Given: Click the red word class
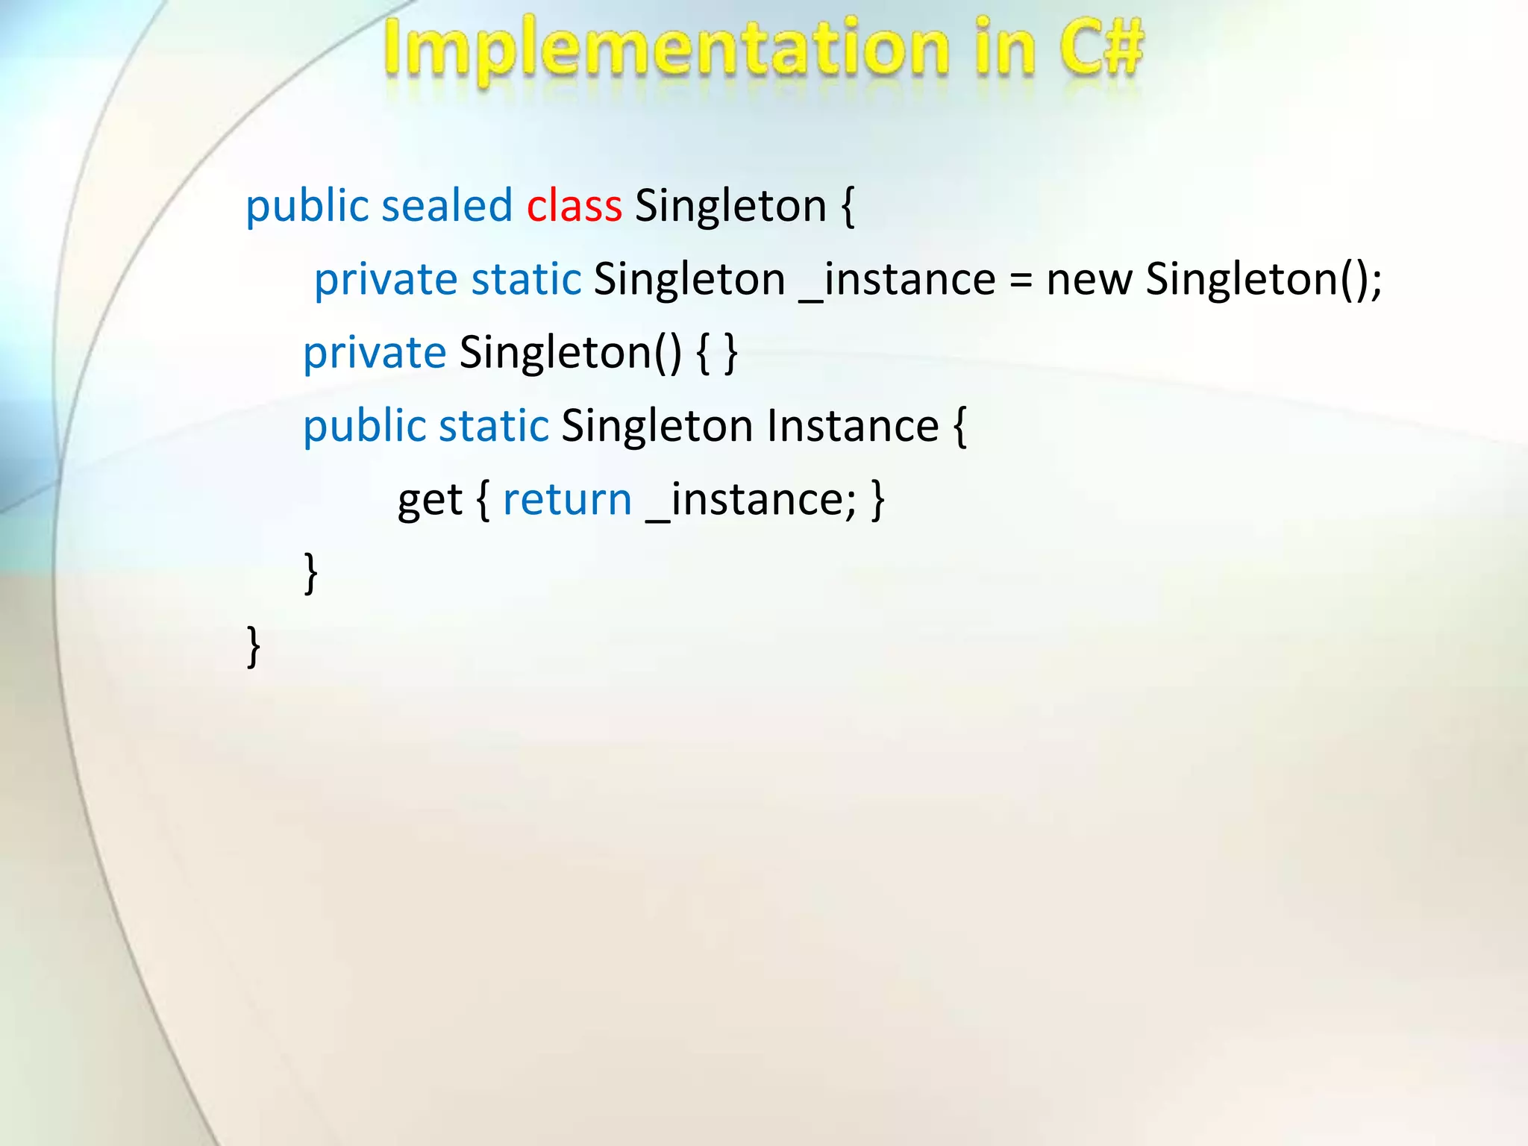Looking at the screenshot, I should tap(574, 206).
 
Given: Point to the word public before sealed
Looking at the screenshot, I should tap(307, 207).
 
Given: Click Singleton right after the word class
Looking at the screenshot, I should tap(730, 207).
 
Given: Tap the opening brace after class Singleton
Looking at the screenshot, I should tap(848, 207).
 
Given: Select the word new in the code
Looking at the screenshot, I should tap(1089, 280).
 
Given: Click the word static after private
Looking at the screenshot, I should tap(526, 280).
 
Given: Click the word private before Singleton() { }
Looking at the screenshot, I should tap(375, 354).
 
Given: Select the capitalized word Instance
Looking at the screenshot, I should tap(853, 427).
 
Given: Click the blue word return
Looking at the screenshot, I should tap(567, 500).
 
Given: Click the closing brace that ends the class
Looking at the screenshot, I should tap(254, 647).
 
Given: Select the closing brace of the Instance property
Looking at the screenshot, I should tap(311, 573).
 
